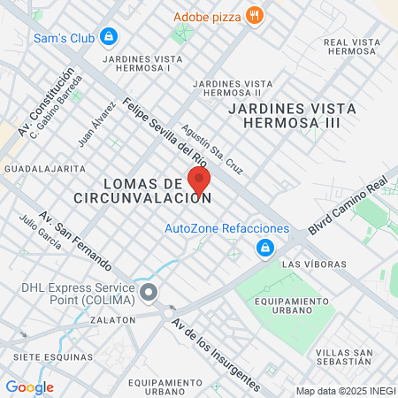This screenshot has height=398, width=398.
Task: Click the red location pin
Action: coord(199,180)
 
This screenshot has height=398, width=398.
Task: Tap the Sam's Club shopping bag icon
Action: coord(108,37)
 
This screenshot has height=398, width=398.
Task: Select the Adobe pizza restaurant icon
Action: coord(255,15)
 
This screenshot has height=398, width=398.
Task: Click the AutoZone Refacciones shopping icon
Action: coord(264,249)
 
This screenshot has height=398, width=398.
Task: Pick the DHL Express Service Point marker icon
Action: coord(149,292)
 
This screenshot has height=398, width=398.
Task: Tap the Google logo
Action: coord(29,387)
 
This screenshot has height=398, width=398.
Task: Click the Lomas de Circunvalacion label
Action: coord(143,190)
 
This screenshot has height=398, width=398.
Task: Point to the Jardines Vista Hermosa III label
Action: coord(292,114)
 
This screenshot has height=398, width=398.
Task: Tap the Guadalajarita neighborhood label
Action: coord(45,167)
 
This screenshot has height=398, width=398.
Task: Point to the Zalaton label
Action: coord(112,319)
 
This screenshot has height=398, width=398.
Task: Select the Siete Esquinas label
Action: coord(53,356)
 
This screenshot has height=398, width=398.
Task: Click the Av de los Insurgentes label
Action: coord(216,354)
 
